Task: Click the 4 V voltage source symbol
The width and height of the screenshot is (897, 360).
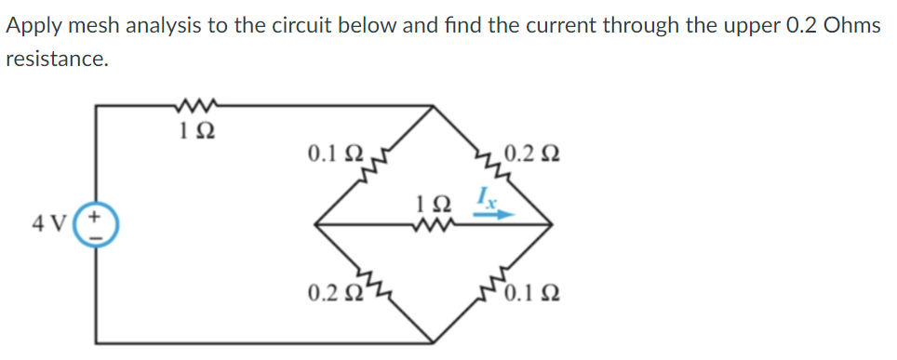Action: tap(100, 225)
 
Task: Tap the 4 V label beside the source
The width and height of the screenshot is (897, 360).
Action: tap(67, 224)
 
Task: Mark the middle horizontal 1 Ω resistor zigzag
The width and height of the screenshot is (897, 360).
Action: tap(436, 222)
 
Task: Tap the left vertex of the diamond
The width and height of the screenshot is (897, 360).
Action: tap(315, 224)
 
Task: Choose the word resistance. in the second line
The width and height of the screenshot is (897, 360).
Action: tap(57, 60)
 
